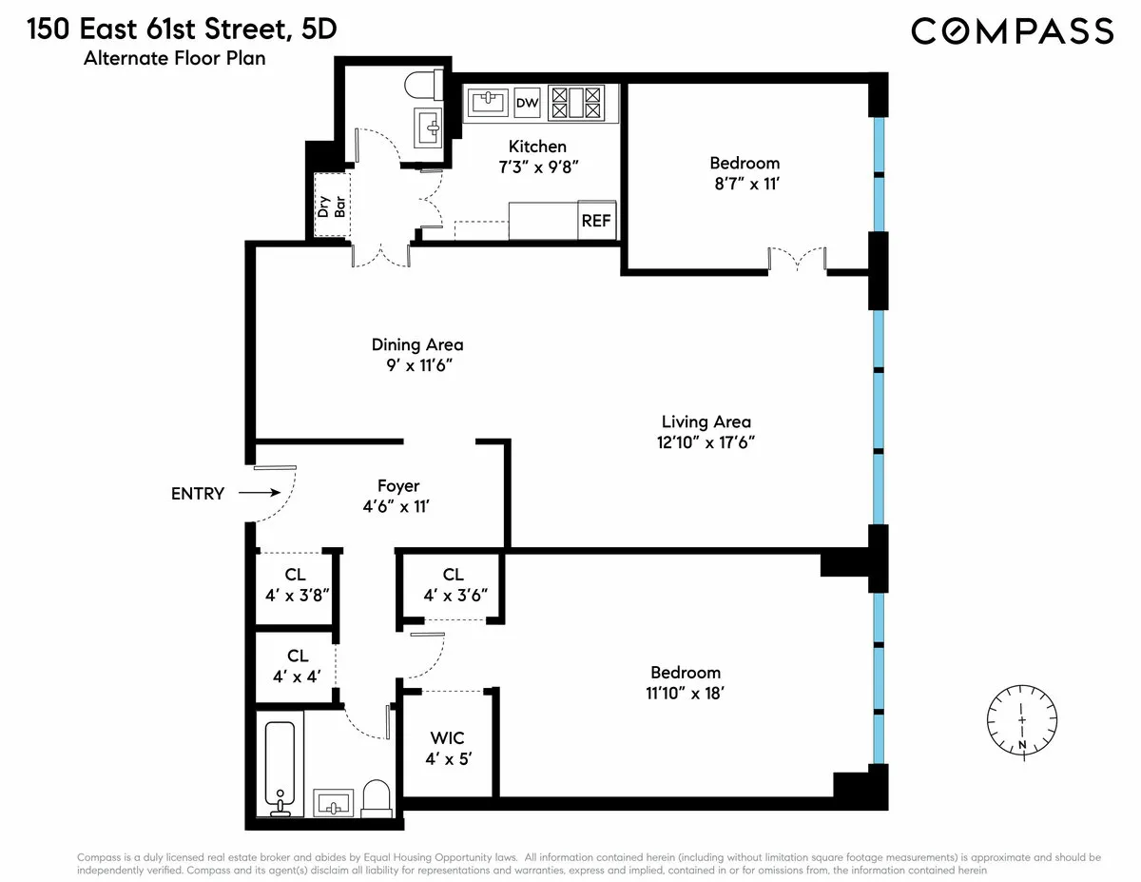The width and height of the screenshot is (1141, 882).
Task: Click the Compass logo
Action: (x=1012, y=30)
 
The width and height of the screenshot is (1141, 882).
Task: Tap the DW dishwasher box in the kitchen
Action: (x=527, y=102)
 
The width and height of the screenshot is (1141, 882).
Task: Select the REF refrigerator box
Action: (x=596, y=221)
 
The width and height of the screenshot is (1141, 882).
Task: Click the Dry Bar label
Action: (x=332, y=206)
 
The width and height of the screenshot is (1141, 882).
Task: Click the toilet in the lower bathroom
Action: (x=377, y=797)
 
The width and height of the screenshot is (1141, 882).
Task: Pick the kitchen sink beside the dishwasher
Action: (x=487, y=102)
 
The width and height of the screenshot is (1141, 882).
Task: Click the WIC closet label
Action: (x=447, y=738)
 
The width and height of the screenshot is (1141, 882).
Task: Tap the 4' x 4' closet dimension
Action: (x=298, y=676)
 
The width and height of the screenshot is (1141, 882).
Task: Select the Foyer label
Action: (x=398, y=486)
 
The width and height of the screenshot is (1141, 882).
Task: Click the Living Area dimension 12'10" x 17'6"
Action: (x=706, y=441)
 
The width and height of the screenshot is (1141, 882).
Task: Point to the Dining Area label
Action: (x=417, y=344)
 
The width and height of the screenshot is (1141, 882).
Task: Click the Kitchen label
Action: (x=537, y=147)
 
